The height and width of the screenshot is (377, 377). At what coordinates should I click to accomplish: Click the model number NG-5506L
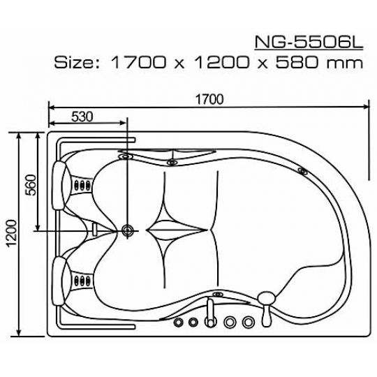[309, 43]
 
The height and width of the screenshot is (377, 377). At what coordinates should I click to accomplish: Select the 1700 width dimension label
[209, 99]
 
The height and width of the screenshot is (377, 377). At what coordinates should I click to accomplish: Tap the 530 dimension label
[82, 117]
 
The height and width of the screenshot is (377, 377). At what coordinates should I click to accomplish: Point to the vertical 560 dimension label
[31, 185]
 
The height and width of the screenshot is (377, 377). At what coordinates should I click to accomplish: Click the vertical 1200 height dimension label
[12, 233]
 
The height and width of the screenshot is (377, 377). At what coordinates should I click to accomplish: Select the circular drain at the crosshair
[127, 230]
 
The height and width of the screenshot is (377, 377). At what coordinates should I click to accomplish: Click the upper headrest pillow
[59, 185]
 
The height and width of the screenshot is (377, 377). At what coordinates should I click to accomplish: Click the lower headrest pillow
[59, 281]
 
